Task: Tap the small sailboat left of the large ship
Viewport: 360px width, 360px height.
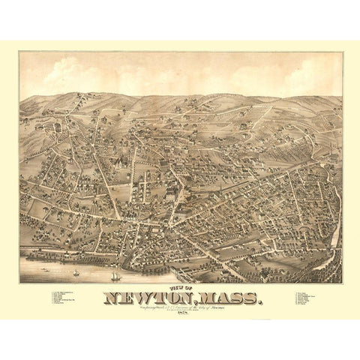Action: click(77, 264)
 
